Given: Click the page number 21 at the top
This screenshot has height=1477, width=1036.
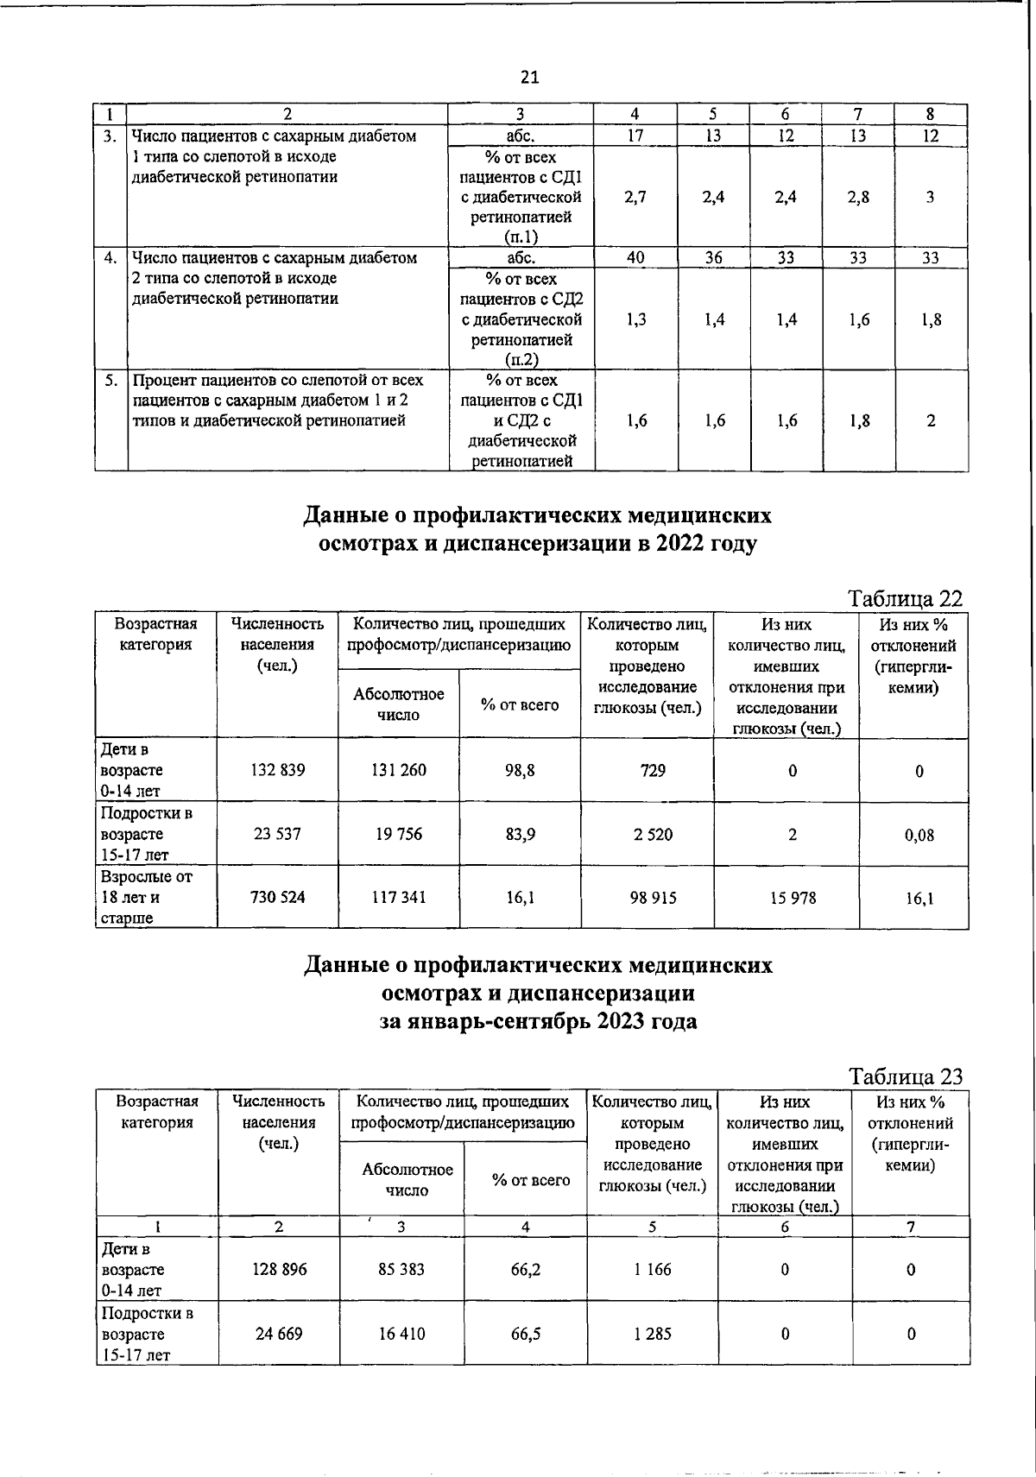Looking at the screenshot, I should [529, 78].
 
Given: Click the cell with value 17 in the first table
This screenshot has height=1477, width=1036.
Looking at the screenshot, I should [635, 136].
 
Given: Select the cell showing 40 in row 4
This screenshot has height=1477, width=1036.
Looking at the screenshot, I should [635, 257].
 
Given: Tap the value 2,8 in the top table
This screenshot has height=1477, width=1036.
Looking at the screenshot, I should [858, 197].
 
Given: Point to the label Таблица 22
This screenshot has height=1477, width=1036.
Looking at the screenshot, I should [905, 599].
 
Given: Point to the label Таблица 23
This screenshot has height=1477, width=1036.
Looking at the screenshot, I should [905, 1076].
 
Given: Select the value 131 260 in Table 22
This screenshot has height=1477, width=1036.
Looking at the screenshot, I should [399, 770].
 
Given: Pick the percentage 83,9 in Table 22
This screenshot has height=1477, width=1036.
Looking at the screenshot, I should [520, 835].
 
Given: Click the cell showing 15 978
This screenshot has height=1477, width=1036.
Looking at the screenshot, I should [786, 898].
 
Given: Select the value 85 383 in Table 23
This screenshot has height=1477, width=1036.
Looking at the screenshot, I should [403, 1270].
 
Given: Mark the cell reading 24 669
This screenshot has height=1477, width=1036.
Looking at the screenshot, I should [279, 1334].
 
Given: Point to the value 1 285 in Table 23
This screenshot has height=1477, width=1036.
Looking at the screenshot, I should [653, 1334].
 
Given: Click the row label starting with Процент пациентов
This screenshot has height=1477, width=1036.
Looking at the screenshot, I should [276, 401].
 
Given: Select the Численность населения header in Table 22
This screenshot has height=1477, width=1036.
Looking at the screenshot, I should [277, 644].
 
